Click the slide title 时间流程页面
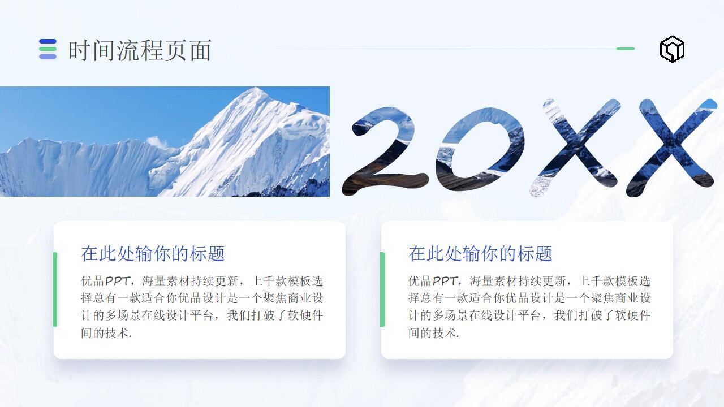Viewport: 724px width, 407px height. pyautogui.click(x=140, y=50)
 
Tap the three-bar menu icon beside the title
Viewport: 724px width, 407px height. pyautogui.click(x=48, y=49)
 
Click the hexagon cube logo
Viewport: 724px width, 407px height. pyautogui.click(x=672, y=49)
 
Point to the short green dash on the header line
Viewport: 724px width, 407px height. pyautogui.click(x=625, y=49)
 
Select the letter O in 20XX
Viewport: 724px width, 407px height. pyautogui.click(x=478, y=149)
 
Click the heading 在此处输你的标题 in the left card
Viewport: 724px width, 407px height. pyautogui.click(x=153, y=254)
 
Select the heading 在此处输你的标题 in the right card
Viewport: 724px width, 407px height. pyautogui.click(x=480, y=254)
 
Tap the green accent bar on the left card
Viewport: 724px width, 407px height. pyautogui.click(x=55, y=289)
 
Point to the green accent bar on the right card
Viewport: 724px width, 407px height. pyautogui.click(x=382, y=289)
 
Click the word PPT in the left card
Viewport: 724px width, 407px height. pyautogui.click(x=117, y=281)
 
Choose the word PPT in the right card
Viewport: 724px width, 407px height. pyautogui.click(x=445, y=281)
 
